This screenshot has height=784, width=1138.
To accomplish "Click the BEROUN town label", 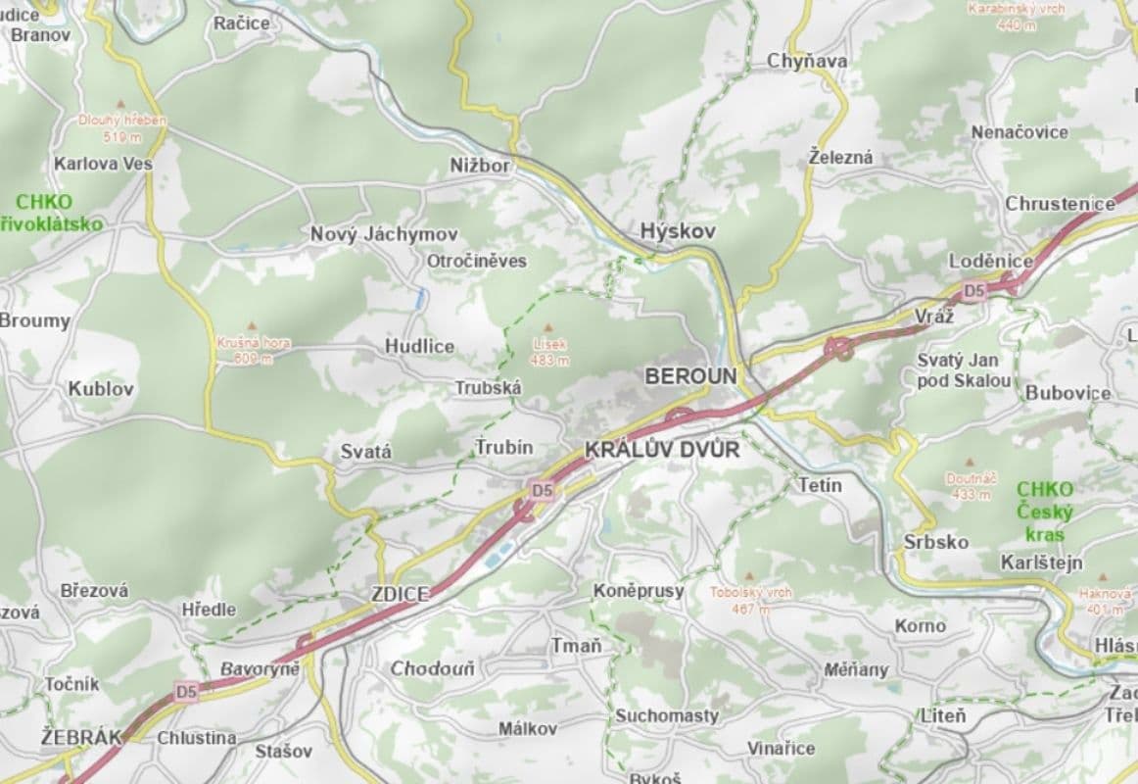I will coord(689,376).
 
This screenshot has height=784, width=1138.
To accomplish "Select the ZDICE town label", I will coord(400,595).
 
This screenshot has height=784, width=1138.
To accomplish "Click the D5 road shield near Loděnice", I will coord(972,291).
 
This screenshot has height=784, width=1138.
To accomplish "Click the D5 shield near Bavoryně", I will coord(186,692).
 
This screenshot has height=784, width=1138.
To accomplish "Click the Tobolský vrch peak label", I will coord(751,593).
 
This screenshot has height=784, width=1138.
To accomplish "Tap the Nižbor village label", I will coord(480,166).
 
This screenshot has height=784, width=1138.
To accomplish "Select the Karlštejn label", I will coord(1041,563).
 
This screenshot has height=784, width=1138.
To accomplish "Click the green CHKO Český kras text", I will coord(1045,512).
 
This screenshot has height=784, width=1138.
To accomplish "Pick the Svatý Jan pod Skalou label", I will coord(964,370).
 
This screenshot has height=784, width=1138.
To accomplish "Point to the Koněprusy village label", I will coord(639,591).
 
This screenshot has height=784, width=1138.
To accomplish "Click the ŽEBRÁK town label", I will coord(81,737).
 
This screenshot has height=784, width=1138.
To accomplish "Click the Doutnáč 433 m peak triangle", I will coord(970,461).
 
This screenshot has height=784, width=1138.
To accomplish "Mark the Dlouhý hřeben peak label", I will coord(122,120).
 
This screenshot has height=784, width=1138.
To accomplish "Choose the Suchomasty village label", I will coord(666,715).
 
